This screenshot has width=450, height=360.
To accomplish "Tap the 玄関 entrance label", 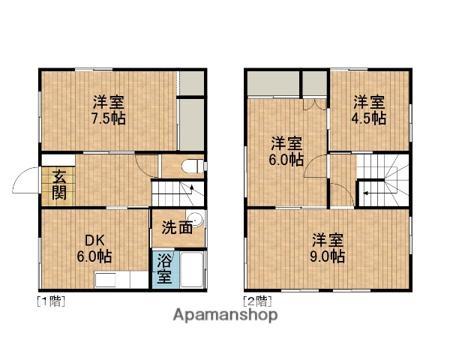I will [58, 185].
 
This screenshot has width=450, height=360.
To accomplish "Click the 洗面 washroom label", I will [177, 227].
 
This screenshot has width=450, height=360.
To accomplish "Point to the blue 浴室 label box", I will [164, 268].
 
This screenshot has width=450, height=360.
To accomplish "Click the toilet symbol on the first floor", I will [192, 166].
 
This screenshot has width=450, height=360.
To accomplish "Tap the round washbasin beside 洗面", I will [200, 222].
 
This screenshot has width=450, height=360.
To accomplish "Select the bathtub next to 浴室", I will [190, 269].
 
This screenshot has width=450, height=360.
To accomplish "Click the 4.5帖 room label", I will [370, 109].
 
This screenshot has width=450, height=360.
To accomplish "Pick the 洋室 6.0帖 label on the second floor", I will [286, 151].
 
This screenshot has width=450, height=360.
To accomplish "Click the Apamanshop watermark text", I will [225, 315].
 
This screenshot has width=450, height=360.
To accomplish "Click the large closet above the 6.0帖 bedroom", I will [272, 85].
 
